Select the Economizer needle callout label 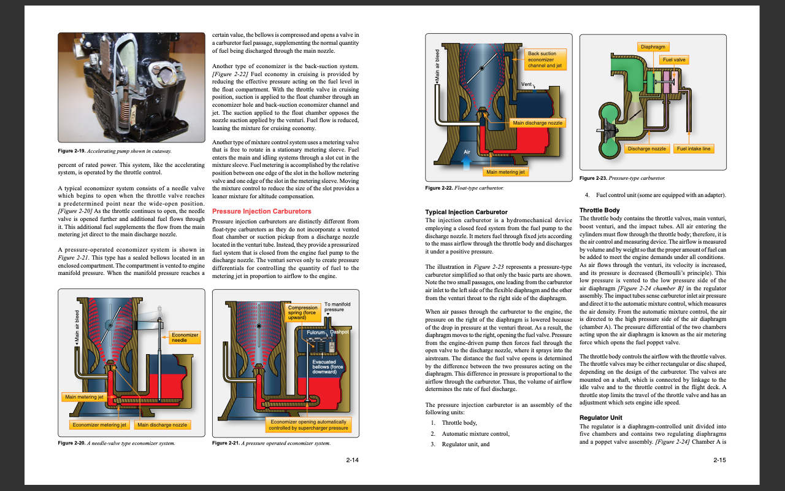click(x=185, y=338)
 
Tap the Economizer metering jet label click(x=99, y=425)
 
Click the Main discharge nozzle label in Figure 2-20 click(x=163, y=425)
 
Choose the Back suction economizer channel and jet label click(x=545, y=60)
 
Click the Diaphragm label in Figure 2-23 click(x=653, y=47)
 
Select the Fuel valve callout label click(x=674, y=60)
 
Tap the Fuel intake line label click(x=693, y=149)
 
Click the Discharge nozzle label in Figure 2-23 click(x=646, y=149)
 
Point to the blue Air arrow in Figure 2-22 click(x=467, y=161)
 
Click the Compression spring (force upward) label click(x=302, y=312)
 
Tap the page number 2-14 click(x=352, y=460)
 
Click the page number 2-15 click(x=719, y=460)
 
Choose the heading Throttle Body click(x=599, y=210)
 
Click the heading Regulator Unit click(x=600, y=417)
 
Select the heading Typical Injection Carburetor click(x=466, y=212)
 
